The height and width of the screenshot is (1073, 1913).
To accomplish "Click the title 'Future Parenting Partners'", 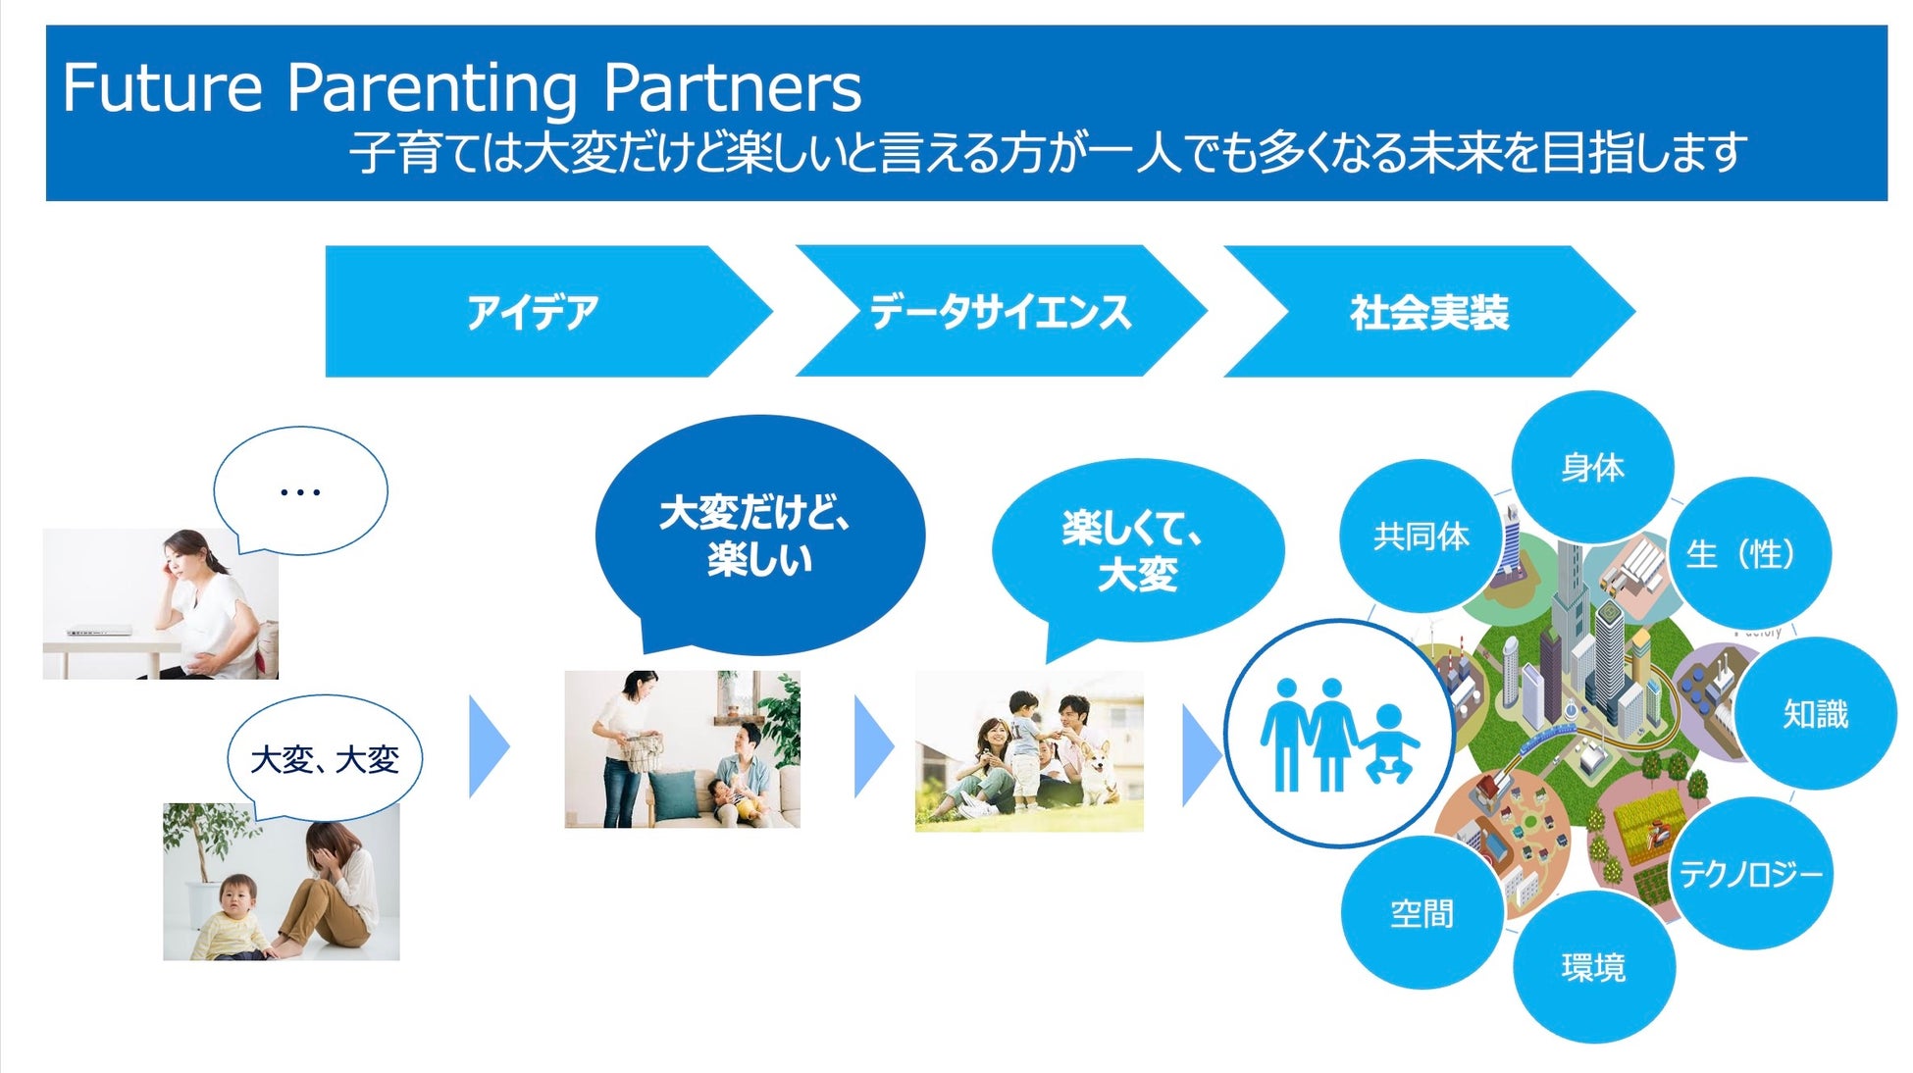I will (461, 88).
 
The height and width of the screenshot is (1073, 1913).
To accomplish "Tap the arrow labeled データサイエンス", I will (1000, 312).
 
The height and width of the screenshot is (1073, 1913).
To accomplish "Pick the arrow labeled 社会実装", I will (1428, 312).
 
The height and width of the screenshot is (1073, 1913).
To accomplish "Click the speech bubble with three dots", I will (300, 490).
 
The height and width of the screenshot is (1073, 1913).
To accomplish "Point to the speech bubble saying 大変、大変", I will (325, 758).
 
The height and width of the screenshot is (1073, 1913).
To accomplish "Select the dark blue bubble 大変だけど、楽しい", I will (758, 535).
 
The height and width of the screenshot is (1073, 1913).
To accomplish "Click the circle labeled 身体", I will (1592, 467).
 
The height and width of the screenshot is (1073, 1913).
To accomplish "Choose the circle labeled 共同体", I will (1421, 536).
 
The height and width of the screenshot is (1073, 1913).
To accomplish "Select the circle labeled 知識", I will (1815, 713).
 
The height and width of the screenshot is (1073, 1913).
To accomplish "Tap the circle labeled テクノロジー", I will (1750, 873).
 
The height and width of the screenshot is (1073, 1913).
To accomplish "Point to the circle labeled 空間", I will (1422, 913).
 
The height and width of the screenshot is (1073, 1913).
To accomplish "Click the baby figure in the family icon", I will (1389, 742).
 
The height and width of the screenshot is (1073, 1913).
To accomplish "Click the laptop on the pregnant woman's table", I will (98, 631).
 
